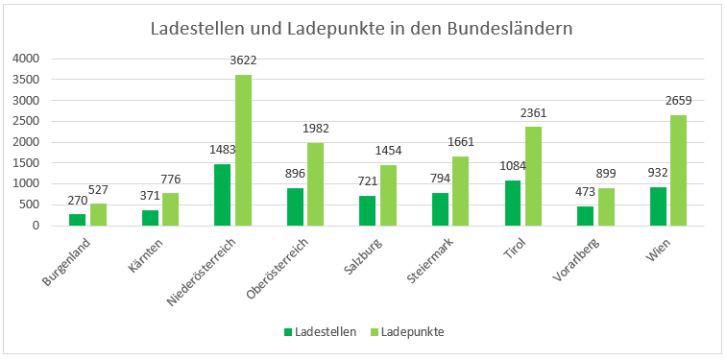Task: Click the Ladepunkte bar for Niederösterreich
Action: pyautogui.click(x=243, y=150)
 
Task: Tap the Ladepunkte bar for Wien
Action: pyautogui.click(x=679, y=170)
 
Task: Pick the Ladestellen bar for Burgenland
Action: pyautogui.click(x=78, y=220)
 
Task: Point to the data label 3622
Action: pyautogui.click(x=243, y=60)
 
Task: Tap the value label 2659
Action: pyautogui.click(x=679, y=101)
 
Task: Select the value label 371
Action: pyautogui.click(x=150, y=196)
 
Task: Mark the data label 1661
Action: pyautogui.click(x=461, y=142)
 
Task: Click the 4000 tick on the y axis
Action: pyautogui.click(x=26, y=59)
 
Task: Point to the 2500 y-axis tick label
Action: pyautogui.click(x=26, y=121)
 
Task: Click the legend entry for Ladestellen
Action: pyautogui.click(x=320, y=332)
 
